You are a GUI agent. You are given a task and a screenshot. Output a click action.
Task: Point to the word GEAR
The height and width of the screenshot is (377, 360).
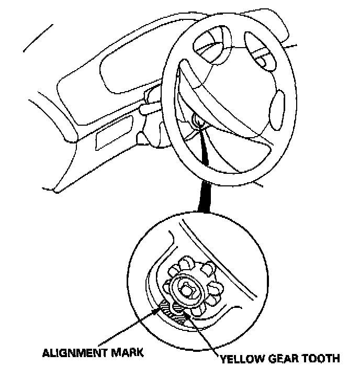click(x=286, y=359)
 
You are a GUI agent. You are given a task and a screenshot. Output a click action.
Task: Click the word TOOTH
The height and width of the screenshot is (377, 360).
click(x=323, y=359)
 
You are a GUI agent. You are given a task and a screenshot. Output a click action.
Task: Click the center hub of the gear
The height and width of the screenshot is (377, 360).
click(x=187, y=287)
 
